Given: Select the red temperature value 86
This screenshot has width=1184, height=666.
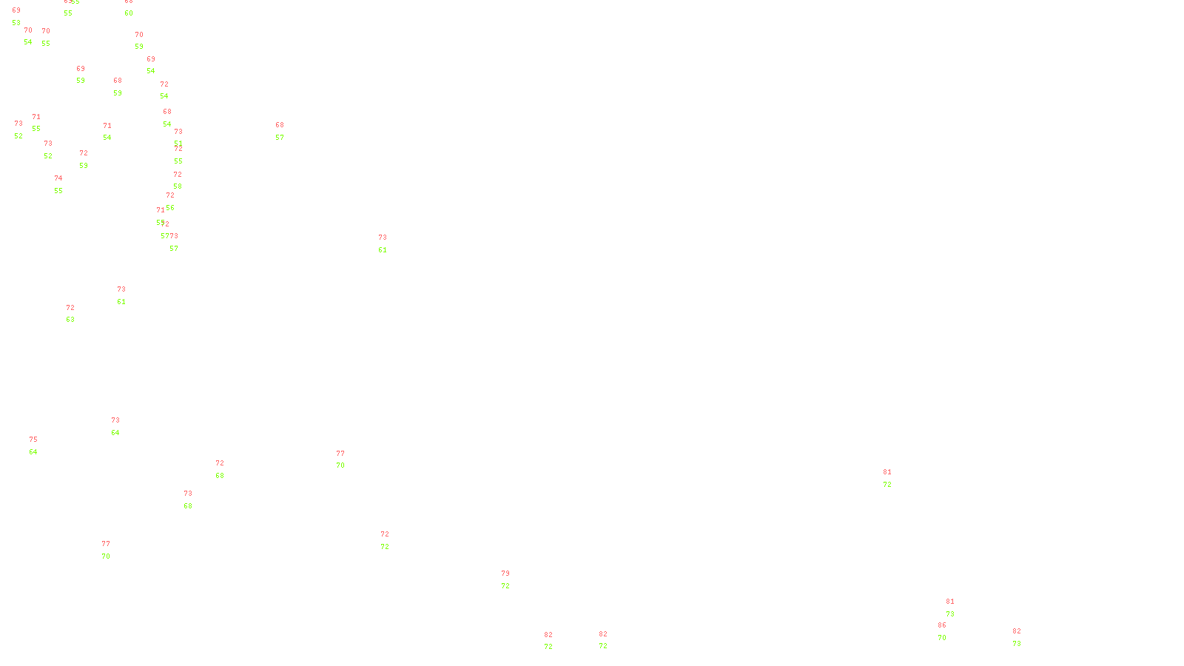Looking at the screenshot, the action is point(942,625).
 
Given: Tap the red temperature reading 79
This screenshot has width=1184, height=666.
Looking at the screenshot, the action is point(505,573).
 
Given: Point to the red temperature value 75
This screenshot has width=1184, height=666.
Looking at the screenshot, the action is point(33,440).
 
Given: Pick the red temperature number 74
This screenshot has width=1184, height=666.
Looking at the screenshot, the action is point(58,178).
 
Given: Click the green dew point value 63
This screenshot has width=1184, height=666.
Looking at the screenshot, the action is point(70,320).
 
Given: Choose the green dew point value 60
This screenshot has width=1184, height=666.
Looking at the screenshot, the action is point(129,13).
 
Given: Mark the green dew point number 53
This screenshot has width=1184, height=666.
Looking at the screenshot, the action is point(16,23).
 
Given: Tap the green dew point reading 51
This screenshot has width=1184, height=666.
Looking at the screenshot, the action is point(178,144).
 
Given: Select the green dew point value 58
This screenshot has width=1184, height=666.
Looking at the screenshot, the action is point(178,186).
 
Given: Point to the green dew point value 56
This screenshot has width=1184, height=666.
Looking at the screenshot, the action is point(170,208).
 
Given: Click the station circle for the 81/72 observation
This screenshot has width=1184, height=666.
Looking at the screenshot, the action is point(894,479).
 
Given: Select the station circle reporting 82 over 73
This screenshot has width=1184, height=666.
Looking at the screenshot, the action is point(1023,637).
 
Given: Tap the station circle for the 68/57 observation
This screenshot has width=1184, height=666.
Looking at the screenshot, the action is point(287,132).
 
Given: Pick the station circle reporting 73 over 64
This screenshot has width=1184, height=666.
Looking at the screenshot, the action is point(123,427).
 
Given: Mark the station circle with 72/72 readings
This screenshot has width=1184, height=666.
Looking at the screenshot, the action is point(392,541).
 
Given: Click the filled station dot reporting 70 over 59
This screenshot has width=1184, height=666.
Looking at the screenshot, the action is point(147,41).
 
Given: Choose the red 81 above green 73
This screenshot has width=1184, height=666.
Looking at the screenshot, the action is point(950,602).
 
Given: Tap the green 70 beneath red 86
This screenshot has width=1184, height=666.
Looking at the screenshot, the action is point(942,638).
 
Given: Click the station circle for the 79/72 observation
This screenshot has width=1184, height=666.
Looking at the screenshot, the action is point(512,580).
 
